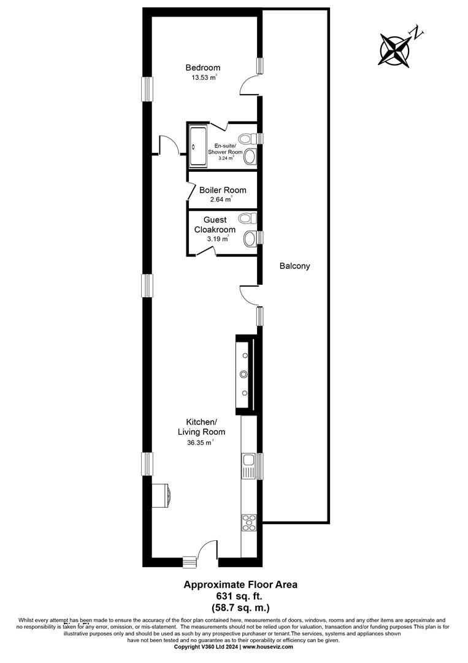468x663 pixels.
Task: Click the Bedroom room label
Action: click(203, 68)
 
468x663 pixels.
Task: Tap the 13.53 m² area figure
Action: click(204, 77)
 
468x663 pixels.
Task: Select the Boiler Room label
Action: click(223, 190)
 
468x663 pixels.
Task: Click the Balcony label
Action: click(295, 266)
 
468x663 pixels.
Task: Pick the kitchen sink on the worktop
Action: click(248, 466)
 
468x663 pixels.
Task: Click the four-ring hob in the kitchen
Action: click(248, 522)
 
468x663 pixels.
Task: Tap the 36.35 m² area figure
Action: click(200, 443)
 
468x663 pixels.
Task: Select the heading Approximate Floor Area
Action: click(240, 585)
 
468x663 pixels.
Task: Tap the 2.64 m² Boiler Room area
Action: click(222, 200)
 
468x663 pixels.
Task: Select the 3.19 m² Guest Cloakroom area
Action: click(218, 239)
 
